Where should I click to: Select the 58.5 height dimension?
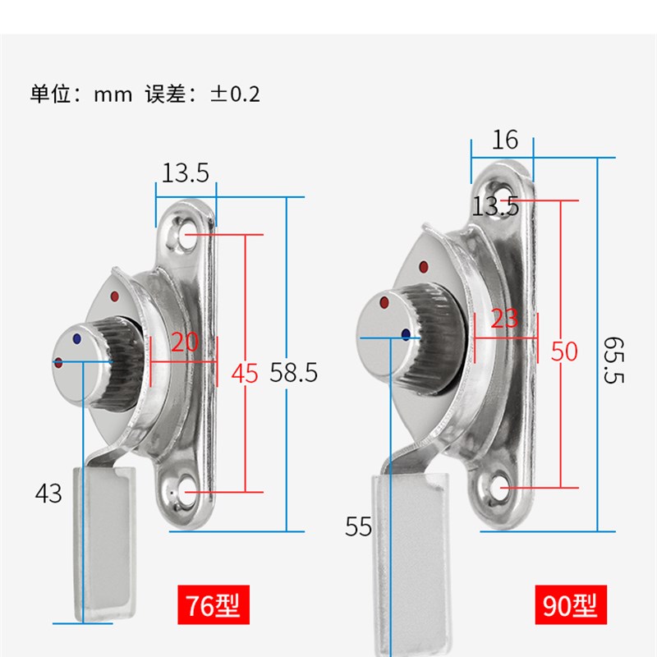pos(293,373)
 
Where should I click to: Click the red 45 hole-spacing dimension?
pos(244,374)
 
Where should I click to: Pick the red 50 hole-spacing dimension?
pos(564,351)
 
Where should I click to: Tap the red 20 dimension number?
pos(185,342)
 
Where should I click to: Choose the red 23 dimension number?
pos(504,319)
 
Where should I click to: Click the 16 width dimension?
pos(505,140)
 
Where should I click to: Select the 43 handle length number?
pos(48,494)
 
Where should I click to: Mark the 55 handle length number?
pos(358,527)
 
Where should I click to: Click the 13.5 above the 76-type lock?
pos(185,173)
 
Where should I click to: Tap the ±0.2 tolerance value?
pos(235,94)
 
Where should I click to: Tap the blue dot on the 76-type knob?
pos(77,338)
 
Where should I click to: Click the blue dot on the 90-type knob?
pos(406,333)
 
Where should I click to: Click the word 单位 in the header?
pos(50,94)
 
